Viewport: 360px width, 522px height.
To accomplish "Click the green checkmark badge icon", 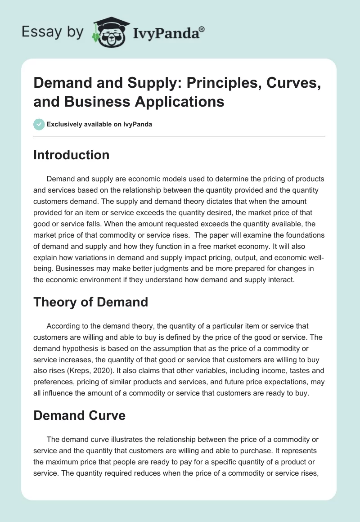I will (x=39, y=124).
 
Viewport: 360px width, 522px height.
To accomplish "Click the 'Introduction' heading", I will (x=71, y=155).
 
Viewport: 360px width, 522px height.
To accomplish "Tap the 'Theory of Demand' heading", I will (x=90, y=301).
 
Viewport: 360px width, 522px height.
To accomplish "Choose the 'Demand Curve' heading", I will (x=79, y=415).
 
